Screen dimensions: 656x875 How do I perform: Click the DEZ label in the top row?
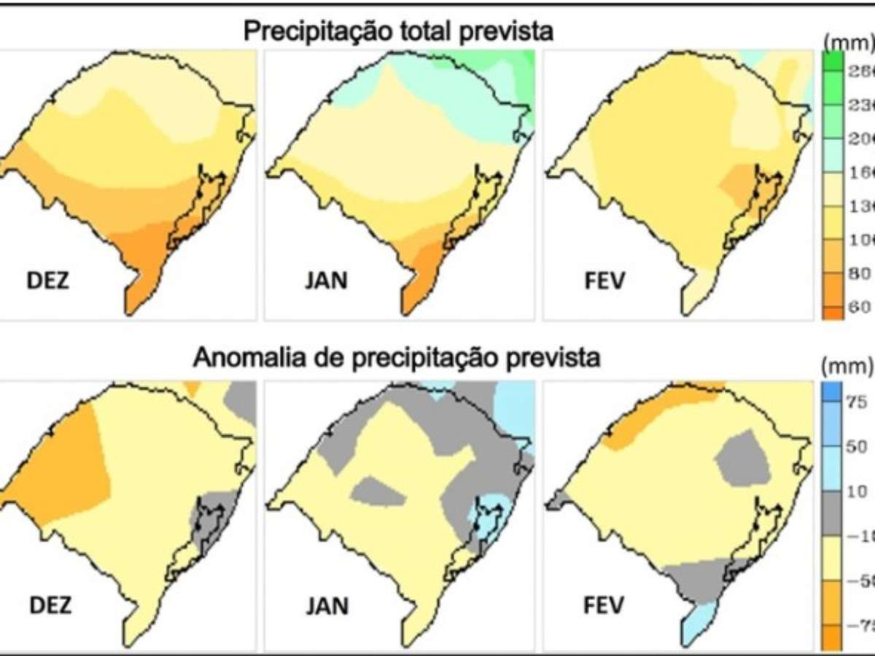(48, 281)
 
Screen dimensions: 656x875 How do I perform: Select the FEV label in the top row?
(605, 281)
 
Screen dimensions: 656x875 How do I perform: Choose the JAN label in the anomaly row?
(328, 605)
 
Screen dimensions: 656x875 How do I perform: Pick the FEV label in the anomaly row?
(605, 605)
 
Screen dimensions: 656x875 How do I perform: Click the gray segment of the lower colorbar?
(831, 514)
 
